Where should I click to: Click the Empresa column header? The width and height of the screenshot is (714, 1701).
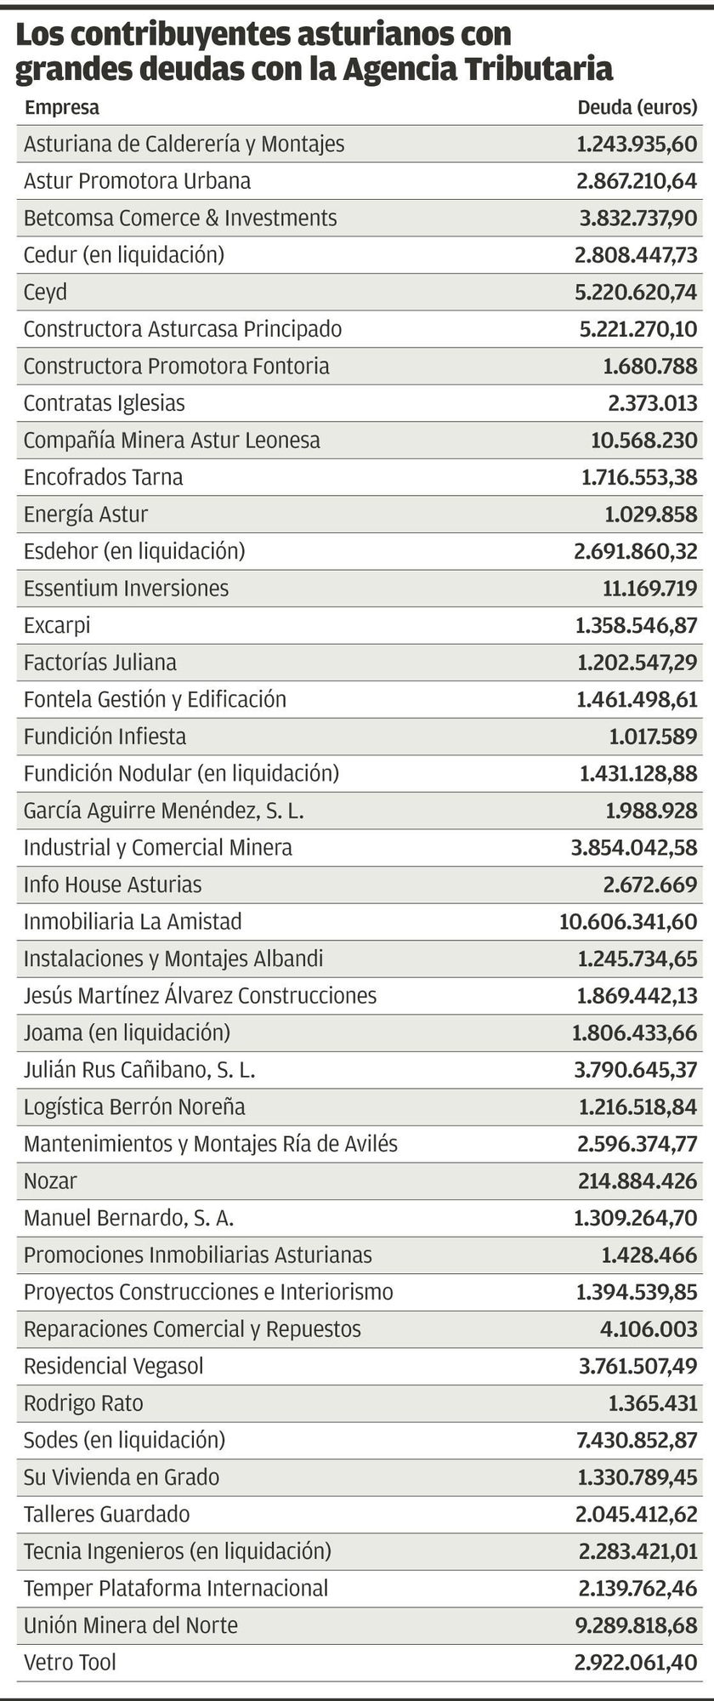pos(62,108)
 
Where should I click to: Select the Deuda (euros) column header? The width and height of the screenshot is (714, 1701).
pos(637,108)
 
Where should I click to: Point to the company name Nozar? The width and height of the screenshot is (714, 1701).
pos(50,1180)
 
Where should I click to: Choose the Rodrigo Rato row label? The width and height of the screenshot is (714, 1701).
pos(83,1403)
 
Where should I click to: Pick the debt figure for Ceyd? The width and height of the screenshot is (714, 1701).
pos(636,292)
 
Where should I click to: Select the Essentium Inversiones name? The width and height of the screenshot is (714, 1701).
pos(126,589)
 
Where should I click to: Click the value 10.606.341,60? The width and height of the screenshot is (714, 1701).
pos(628,921)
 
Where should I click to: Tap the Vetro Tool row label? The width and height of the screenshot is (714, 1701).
pos(70,1662)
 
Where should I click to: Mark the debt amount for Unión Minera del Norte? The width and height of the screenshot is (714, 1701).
pos(636,1625)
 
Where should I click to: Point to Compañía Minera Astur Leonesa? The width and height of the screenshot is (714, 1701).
pos(172,441)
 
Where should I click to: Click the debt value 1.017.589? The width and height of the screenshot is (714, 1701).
pos(653,737)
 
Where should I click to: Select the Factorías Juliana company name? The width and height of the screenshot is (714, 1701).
pos(100,663)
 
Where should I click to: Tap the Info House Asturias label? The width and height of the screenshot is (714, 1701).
pos(113,885)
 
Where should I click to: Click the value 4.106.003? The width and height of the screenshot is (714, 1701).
pos(649,1329)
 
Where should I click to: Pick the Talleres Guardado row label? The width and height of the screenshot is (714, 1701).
pos(107,1514)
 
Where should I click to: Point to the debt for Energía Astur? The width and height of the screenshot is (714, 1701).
pos(651,515)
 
